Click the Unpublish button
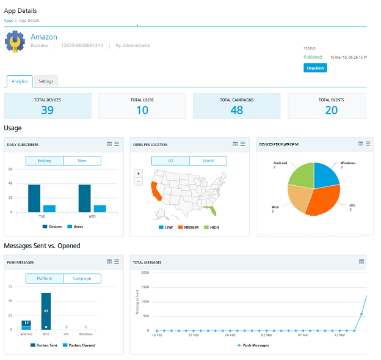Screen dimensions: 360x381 [315, 68]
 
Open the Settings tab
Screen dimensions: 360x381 [45, 81]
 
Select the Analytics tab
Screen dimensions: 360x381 [20, 81]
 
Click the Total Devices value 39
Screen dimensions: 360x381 [48, 110]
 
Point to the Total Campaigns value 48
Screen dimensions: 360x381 [237, 110]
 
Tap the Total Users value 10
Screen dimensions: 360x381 [142, 110]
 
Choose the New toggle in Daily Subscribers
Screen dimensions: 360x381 [82, 161]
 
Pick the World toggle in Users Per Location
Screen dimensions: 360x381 [208, 161]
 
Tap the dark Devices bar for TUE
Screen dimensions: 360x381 [34, 198]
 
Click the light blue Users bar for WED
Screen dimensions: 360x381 [100, 208]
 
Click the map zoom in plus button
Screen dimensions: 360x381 [139, 174]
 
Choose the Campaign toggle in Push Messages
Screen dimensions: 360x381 [82, 279]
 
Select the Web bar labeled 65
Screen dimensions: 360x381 [46, 310]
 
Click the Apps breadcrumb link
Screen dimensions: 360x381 [9, 21]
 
